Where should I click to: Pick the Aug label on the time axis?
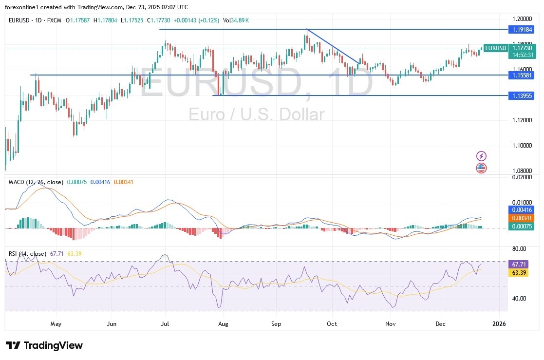(x=223, y=323)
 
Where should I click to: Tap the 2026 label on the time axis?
(x=498, y=323)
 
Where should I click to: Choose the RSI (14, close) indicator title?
(x=28, y=254)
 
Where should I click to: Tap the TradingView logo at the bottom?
(x=45, y=345)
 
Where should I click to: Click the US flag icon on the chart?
(x=481, y=168)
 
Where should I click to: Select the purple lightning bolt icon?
(x=481, y=156)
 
